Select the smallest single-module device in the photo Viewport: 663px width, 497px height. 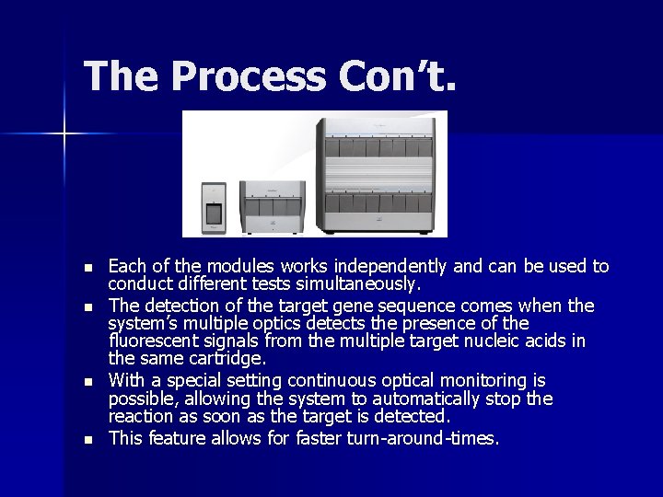tap(214, 209)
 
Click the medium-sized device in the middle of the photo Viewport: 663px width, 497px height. tap(274, 206)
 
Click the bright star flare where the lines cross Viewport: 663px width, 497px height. tap(64, 134)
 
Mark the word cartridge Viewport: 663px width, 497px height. tap(225, 359)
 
